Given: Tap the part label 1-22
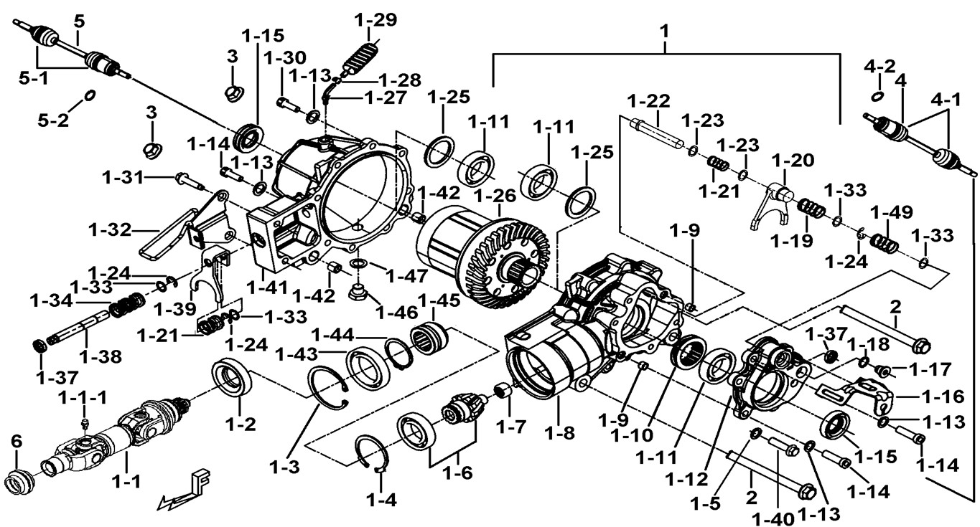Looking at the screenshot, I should pyautogui.click(x=648, y=100).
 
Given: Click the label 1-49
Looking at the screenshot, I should pyautogui.click(x=891, y=213).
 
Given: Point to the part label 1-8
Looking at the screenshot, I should pyautogui.click(x=559, y=432).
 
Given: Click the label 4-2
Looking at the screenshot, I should pyautogui.click(x=879, y=67).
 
